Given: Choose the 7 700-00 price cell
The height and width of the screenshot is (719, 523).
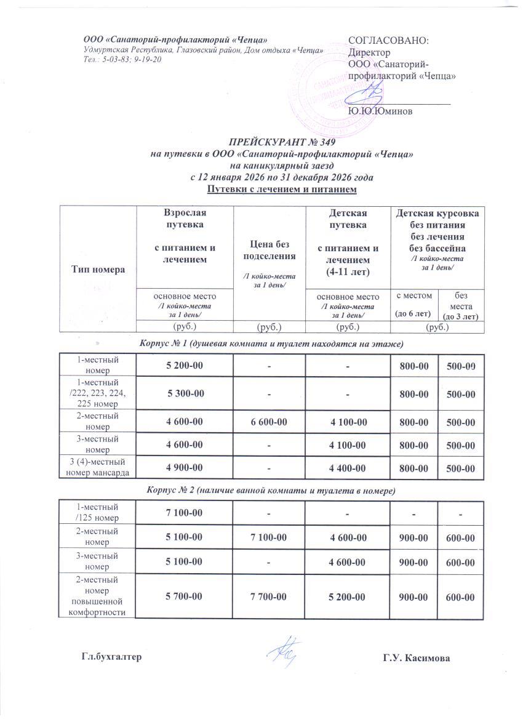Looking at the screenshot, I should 268,596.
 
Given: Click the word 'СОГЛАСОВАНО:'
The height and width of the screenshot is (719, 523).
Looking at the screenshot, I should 389,41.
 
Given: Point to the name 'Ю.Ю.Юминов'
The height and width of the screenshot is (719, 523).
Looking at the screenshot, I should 380,111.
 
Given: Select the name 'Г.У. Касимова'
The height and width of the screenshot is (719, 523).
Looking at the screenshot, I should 416,658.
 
